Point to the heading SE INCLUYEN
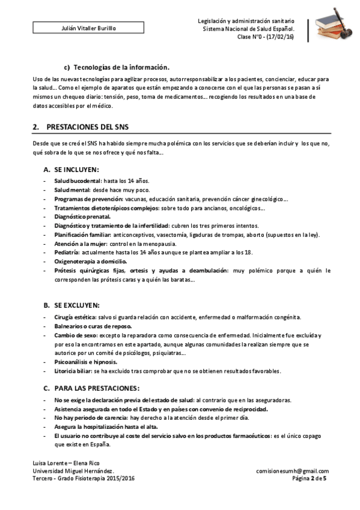[76, 170]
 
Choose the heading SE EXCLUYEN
[77, 305]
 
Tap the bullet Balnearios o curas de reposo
[92, 325]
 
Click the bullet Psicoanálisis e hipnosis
[85, 362]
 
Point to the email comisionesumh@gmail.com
[292, 472]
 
